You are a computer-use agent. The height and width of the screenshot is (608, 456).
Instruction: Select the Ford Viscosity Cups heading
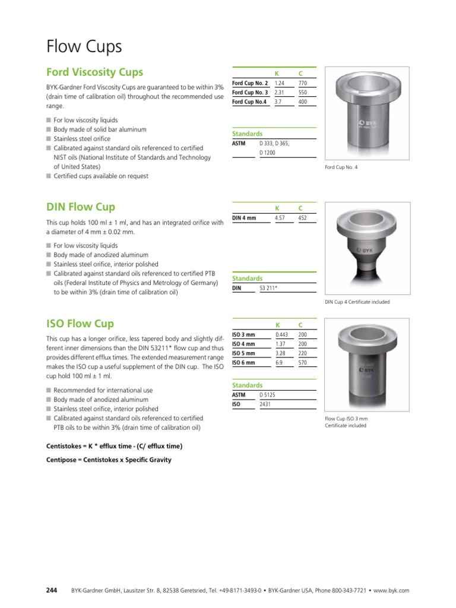tap(94, 72)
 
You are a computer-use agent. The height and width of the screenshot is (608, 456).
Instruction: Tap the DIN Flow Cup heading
tap(81, 207)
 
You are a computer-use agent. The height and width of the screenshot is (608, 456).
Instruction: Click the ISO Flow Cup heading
tap(80, 324)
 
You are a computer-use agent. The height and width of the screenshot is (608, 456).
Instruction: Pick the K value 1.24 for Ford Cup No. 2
tap(280, 83)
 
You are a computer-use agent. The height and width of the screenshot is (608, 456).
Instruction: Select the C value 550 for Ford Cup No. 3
tap(303, 93)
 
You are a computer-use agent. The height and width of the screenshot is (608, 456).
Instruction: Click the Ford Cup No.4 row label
tap(249, 102)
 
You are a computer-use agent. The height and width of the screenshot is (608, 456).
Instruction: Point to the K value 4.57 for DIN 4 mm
tap(280, 218)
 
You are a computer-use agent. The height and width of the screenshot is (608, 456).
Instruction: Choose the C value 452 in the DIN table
tap(303, 218)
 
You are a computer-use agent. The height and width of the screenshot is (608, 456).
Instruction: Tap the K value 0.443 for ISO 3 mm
tap(281, 334)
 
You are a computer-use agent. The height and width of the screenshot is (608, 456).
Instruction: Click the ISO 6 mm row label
tap(243, 362)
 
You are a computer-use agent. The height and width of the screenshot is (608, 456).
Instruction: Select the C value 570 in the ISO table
tap(303, 362)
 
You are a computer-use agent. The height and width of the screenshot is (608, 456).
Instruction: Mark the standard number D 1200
tap(268, 153)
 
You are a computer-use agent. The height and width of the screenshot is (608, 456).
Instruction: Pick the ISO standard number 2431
tap(265, 404)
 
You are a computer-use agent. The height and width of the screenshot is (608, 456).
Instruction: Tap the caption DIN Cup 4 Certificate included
tap(357, 302)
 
